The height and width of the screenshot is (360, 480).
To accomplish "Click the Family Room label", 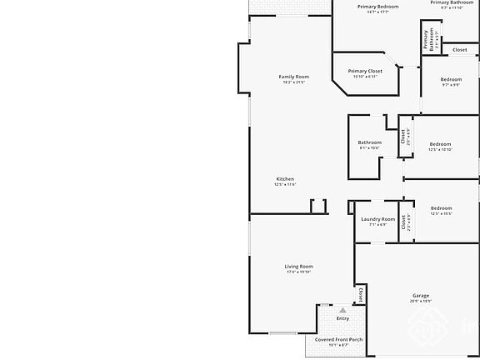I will pyautogui.click(x=294, y=77).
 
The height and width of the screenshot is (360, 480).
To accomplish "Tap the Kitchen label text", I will pyautogui.click(x=285, y=179).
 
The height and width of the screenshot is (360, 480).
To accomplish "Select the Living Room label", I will pyautogui.click(x=298, y=266).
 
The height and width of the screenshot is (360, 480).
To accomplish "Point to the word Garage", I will pyautogui.click(x=421, y=296).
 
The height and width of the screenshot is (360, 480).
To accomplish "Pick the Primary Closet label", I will pyautogui.click(x=365, y=71).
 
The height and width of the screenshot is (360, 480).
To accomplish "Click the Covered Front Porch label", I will pyautogui.click(x=338, y=339).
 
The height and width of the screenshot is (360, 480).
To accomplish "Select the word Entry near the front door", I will pyautogui.click(x=342, y=318).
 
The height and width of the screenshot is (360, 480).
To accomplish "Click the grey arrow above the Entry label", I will pyautogui.click(x=342, y=309).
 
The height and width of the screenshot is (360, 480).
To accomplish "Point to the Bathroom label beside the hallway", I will pyautogui.click(x=370, y=142).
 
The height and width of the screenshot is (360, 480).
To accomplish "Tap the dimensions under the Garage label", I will pyautogui.click(x=421, y=302).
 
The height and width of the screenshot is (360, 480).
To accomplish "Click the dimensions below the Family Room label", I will pyautogui.click(x=294, y=82).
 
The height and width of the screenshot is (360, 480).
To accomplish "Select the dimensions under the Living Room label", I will pyautogui.click(x=298, y=272).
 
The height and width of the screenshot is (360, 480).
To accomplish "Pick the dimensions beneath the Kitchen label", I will pyautogui.click(x=285, y=185).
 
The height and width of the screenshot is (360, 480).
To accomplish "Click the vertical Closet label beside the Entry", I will pyautogui.click(x=360, y=295).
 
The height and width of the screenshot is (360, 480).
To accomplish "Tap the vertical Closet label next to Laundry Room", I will pyautogui.click(x=404, y=222).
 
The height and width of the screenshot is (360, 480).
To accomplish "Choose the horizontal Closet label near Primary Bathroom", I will pyautogui.click(x=460, y=50).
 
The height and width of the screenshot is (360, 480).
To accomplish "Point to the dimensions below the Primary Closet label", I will pyautogui.click(x=365, y=77).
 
